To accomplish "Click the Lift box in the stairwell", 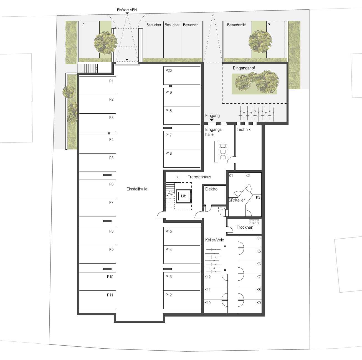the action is (183, 196).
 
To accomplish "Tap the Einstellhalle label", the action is (137, 189).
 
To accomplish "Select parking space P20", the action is (182, 75).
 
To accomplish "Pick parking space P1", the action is (97, 86).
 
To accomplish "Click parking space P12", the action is (182, 300).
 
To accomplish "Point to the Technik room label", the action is (244, 129).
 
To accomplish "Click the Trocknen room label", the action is (245, 227).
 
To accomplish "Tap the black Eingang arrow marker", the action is (212, 120).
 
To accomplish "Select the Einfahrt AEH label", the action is (127, 10).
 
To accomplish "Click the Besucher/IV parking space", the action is (239, 39).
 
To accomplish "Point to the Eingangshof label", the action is (244, 68).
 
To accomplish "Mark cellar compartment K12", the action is (216, 280).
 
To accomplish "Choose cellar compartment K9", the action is (250, 306).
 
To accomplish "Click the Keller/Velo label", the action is (214, 240).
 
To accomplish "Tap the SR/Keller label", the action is (237, 200).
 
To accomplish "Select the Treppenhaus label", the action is (199, 177).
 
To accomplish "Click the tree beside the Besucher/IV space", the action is (260, 41).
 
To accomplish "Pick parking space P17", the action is (182, 140).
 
